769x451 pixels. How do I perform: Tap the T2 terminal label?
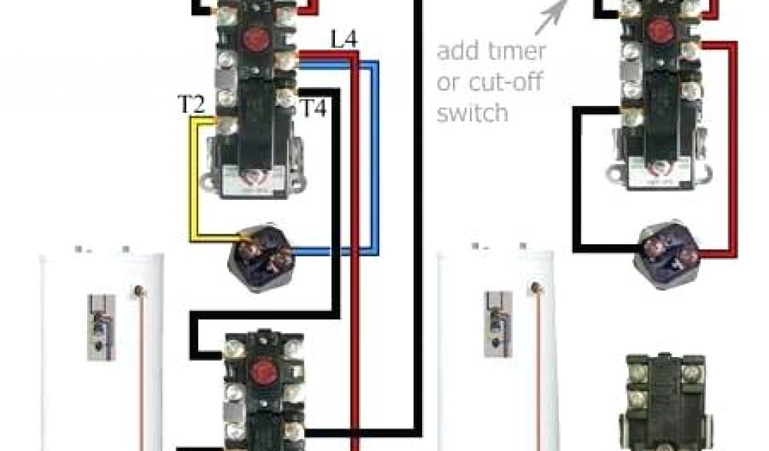[191, 104]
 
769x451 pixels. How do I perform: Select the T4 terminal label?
[313, 107]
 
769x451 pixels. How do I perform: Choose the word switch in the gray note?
[472, 114]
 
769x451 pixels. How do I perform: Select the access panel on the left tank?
[100, 327]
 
